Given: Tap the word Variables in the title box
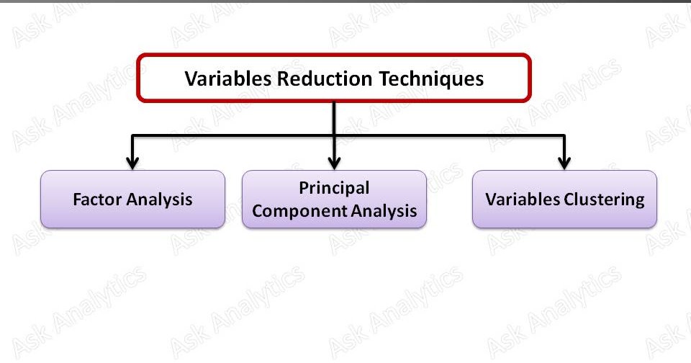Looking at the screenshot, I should click(227, 79).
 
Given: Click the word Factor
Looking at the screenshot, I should click(98, 200).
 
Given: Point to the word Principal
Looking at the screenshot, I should click(334, 188).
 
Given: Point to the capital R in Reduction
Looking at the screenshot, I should click(281, 79).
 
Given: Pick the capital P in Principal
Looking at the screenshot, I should click(304, 188).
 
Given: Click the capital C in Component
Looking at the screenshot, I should click(258, 211).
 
